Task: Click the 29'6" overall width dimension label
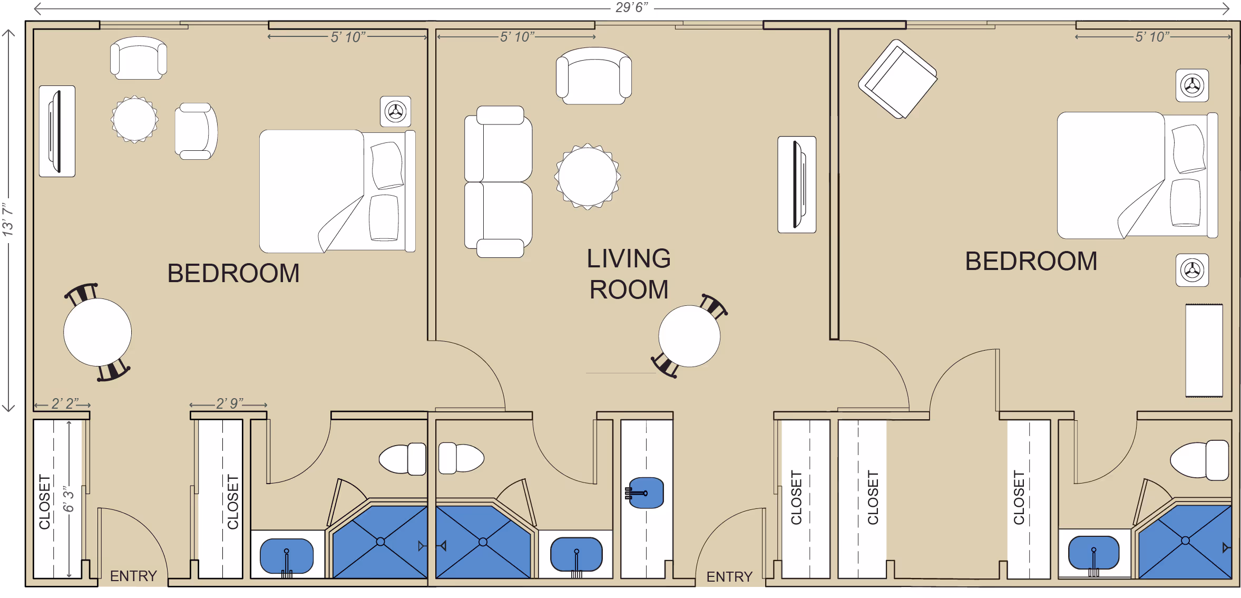pyautogui.click(x=632, y=8)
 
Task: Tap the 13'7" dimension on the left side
pyautogui.click(x=8, y=219)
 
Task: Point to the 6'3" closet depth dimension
pyautogui.click(x=69, y=499)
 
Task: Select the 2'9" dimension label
pyautogui.click(x=230, y=403)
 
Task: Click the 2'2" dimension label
pyautogui.click(x=65, y=403)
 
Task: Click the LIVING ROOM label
pyautogui.click(x=629, y=274)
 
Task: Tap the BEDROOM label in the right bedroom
pyautogui.click(x=1031, y=261)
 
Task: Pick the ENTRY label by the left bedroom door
pyautogui.click(x=133, y=576)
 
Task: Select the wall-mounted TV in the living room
pyautogui.click(x=797, y=185)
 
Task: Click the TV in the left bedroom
pyautogui.click(x=57, y=131)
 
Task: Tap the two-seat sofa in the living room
pyautogui.click(x=499, y=182)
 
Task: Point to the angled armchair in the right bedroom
pyautogui.click(x=898, y=79)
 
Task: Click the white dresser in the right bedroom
pyautogui.click(x=1204, y=351)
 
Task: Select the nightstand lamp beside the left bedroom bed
pyautogui.click(x=396, y=112)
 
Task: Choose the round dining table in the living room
pyautogui.click(x=689, y=336)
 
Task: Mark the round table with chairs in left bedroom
pyautogui.click(x=97, y=332)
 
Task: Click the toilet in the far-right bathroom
pyautogui.click(x=1199, y=460)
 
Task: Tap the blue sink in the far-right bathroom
pyautogui.click(x=1093, y=553)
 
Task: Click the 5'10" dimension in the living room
pyautogui.click(x=517, y=37)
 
